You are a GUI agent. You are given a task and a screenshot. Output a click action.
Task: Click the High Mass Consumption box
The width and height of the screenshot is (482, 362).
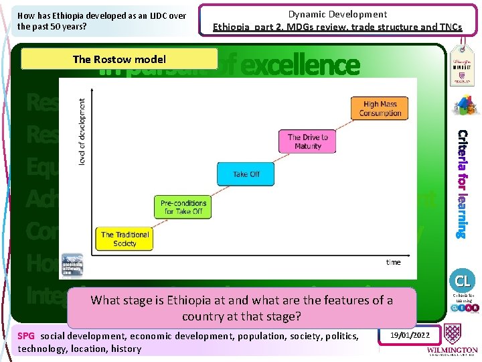click(x=380, y=109)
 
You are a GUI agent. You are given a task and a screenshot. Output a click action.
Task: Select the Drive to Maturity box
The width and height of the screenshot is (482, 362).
click(x=307, y=141)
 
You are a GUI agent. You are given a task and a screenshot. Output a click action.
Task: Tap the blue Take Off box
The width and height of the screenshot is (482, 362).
click(x=246, y=174)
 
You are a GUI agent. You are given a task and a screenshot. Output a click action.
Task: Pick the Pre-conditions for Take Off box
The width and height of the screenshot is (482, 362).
click(x=184, y=206)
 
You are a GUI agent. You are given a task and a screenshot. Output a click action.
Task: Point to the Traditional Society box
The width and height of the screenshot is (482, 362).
click(x=125, y=239)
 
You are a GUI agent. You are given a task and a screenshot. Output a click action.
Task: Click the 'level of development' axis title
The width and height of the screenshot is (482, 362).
click(x=82, y=133)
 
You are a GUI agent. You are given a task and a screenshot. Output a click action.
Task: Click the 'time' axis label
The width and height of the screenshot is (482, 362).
click(x=393, y=262)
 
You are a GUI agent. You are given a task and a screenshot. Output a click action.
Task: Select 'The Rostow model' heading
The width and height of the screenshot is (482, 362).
click(x=119, y=59)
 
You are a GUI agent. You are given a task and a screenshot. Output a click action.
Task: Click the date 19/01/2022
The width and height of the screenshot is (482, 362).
click(x=410, y=335)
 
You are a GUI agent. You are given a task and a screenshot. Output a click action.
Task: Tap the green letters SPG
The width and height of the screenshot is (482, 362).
click(x=26, y=335)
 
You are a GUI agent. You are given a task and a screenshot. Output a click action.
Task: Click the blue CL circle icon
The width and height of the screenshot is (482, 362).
click(x=463, y=280)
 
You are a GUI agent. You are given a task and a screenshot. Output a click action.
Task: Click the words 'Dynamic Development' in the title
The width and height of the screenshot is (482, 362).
click(x=337, y=14)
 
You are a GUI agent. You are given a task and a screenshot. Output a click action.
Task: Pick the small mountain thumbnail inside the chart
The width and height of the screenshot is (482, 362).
click(x=72, y=262)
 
